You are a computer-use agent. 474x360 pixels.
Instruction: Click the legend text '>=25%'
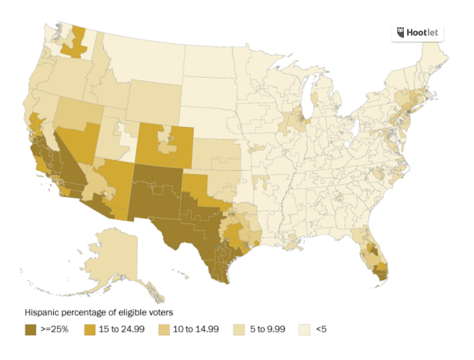[56, 329]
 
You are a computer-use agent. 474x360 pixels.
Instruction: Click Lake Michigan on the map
[312, 100]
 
